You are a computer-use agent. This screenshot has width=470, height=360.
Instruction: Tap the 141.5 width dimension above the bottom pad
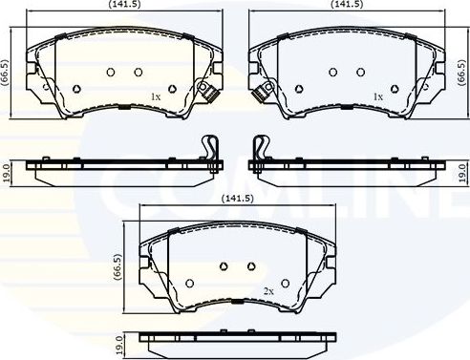click(235, 199)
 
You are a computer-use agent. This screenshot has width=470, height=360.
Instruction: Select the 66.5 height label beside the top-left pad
click(6, 74)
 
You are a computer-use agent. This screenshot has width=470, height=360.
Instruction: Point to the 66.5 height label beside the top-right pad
click(462, 74)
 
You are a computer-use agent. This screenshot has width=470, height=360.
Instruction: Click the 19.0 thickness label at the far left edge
click(6, 173)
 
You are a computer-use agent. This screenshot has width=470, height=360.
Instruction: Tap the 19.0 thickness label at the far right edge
click(462, 173)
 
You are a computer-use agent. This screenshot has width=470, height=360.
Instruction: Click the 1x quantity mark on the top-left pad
click(157, 96)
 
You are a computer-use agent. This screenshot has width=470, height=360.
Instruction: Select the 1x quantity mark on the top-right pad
click(378, 96)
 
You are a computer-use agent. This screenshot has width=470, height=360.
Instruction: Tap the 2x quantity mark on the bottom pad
click(269, 290)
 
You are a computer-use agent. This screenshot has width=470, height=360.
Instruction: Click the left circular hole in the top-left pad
click(111, 72)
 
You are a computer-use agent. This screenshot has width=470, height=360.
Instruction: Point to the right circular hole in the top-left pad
click(139, 72)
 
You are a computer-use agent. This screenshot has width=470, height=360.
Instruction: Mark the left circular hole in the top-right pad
click(332, 72)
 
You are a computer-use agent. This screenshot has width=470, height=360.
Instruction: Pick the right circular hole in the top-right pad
click(360, 72)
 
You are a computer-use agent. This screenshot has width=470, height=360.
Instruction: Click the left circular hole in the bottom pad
click(224, 266)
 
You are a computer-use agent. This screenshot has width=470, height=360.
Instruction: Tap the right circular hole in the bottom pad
click(251, 266)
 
